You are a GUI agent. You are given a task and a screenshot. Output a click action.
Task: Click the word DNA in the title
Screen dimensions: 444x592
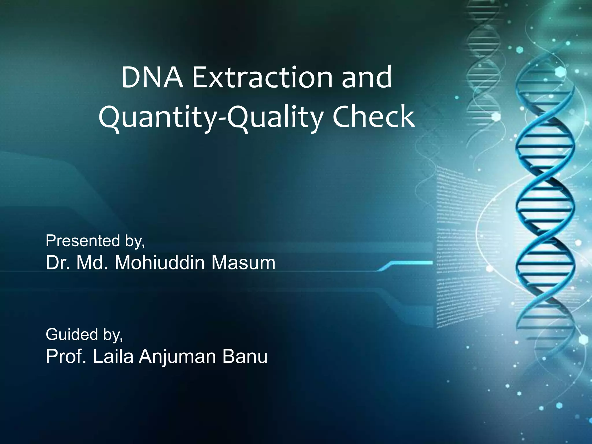click(x=152, y=77)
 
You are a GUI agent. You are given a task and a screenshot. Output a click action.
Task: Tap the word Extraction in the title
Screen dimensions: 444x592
click(x=262, y=77)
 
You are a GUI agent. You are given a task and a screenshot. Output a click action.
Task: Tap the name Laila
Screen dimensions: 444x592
click(x=113, y=357)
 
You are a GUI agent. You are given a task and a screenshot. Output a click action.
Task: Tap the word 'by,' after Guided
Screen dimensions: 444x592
click(x=113, y=335)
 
